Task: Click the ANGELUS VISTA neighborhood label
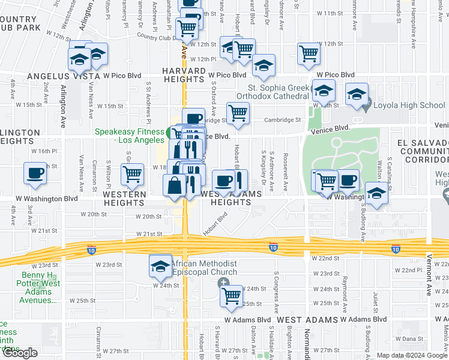[63, 77]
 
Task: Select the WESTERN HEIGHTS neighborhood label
[124, 199]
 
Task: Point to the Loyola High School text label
[409, 106]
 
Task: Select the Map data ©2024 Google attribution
[412, 355]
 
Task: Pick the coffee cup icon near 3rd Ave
[35, 173]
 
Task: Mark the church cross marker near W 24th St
[224, 282]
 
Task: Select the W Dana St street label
[413, 338]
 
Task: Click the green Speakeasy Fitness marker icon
[171, 132]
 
